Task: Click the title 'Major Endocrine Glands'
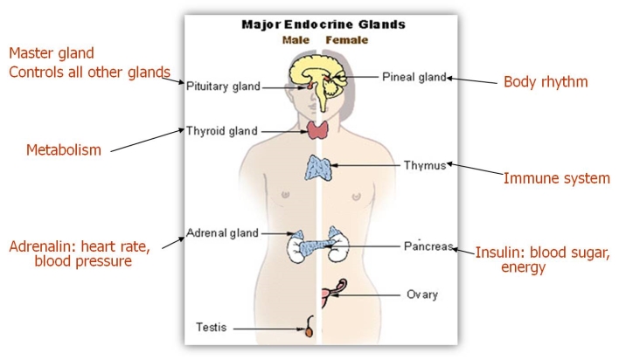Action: [x=323, y=24]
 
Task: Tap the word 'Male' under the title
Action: [x=296, y=40]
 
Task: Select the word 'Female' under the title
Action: [x=346, y=40]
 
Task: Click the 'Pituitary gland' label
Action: [x=223, y=86]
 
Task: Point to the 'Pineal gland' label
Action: [x=414, y=77]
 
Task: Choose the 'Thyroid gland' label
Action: [x=221, y=131]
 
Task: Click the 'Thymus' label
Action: [x=424, y=164]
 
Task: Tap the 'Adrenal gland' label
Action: [x=222, y=233]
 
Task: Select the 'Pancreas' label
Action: [x=428, y=246]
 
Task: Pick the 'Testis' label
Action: [x=211, y=328]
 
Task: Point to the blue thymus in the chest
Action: [x=317, y=167]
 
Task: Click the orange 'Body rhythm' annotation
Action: [x=546, y=83]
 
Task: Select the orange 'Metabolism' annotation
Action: [x=63, y=150]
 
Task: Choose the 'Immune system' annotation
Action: [x=556, y=178]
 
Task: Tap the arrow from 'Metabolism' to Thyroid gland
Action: [x=147, y=142]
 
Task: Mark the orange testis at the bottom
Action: [x=309, y=331]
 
